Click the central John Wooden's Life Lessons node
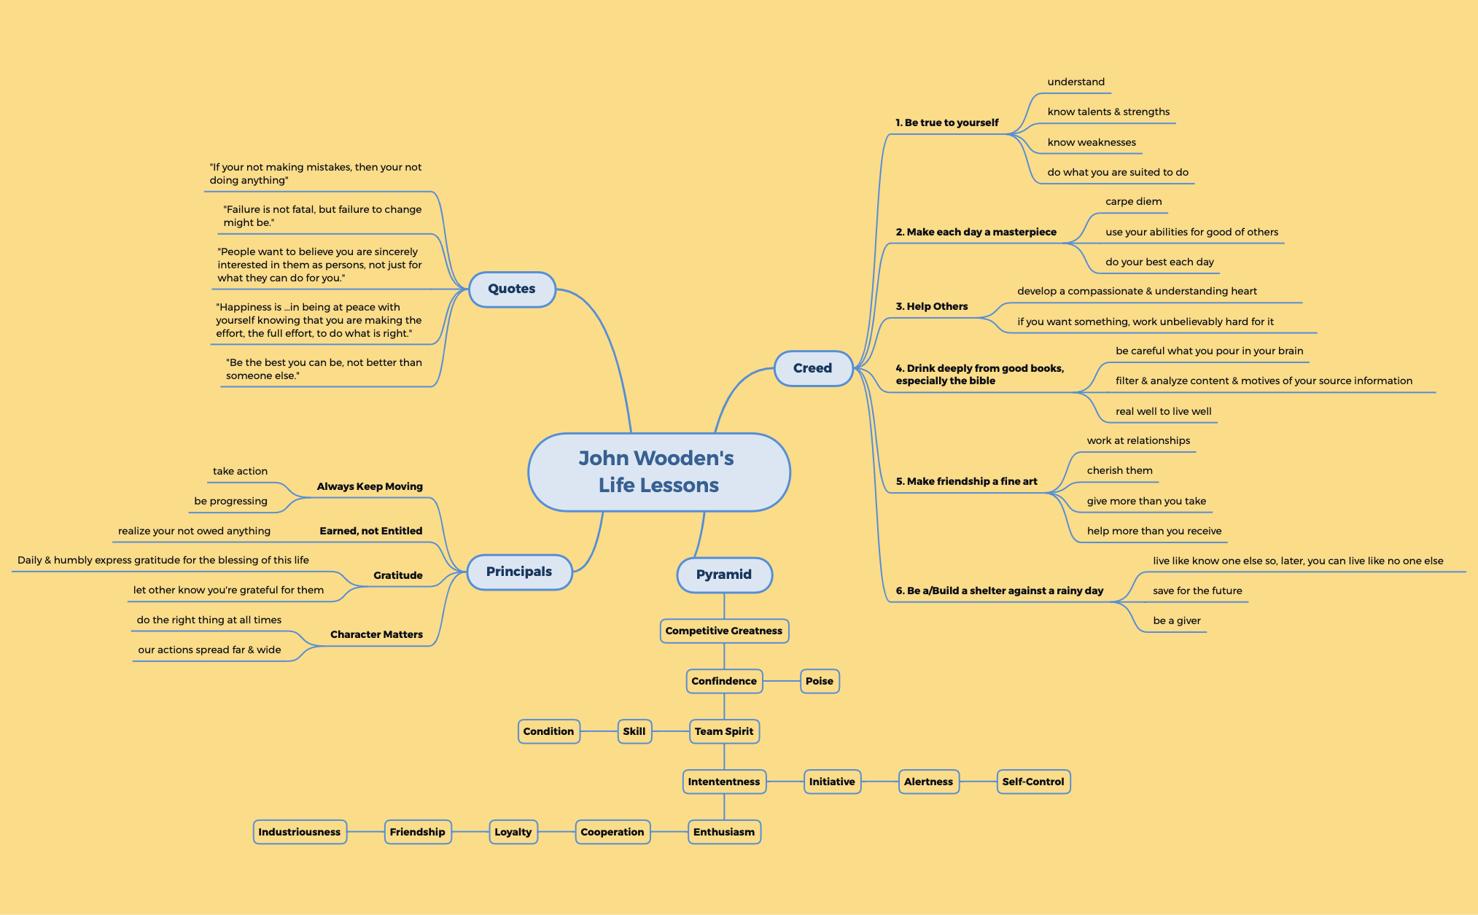coord(658,472)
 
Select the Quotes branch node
coord(512,289)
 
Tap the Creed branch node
coord(812,368)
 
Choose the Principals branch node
coord(519,572)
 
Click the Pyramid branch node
coord(723,575)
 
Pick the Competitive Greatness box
coord(723,631)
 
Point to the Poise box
coord(819,681)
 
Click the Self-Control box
coord(1032,782)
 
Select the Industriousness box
coord(299,832)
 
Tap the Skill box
coord(634,731)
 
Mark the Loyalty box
coord(513,832)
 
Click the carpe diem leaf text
coord(1133,201)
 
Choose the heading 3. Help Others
coord(931,306)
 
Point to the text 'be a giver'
coord(1176,620)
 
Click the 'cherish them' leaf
coord(1119,470)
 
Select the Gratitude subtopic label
coord(397,575)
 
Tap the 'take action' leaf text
coord(240,471)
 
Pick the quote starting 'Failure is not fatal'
coord(322,216)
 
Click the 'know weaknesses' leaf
coord(1091,142)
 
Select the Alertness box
coord(928,782)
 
